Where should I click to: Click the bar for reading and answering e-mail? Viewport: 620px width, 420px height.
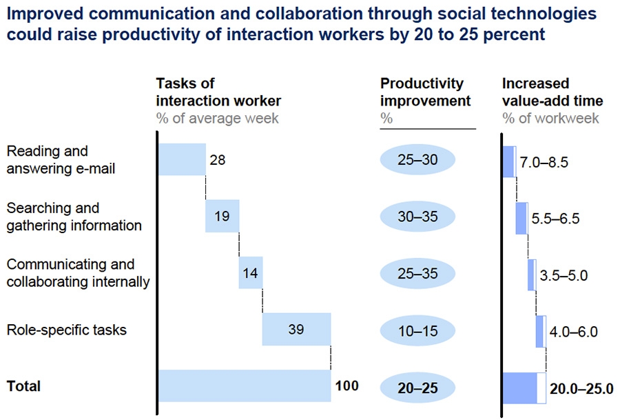pos(182,160)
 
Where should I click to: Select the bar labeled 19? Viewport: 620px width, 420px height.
pos(222,217)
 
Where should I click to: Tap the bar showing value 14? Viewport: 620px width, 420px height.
pos(250,273)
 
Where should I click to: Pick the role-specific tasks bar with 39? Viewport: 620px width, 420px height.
pos(296,329)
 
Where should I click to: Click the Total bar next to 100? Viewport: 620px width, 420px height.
pos(245,386)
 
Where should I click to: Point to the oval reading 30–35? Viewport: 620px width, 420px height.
pos(417,217)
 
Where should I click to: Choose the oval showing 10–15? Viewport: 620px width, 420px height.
pos(417,330)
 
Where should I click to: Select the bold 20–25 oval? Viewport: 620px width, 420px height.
pos(417,388)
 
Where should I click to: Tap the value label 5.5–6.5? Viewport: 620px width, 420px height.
pos(555,219)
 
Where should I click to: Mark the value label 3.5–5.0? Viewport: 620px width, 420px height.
pos(564,276)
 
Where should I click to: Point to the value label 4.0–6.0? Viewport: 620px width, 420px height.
pos(574,332)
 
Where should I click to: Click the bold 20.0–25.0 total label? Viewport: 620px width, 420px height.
pos(581,388)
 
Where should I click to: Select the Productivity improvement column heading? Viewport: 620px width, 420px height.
pos(425,92)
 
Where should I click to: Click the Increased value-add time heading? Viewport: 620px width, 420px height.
pos(552,92)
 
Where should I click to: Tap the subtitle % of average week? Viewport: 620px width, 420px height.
pos(217,118)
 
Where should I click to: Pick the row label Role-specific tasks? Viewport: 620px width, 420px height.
pos(66,330)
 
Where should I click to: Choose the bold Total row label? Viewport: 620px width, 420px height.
pos(23,386)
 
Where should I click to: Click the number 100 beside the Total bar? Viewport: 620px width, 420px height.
pos(347,386)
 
